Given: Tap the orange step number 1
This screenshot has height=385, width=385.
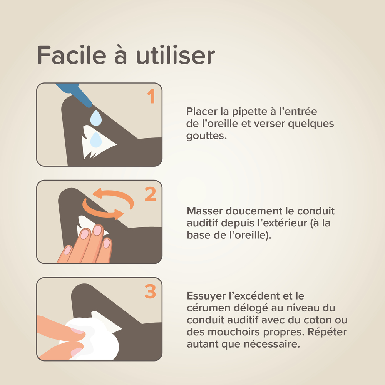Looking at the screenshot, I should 151,96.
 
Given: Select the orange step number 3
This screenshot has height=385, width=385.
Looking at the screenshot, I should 150,291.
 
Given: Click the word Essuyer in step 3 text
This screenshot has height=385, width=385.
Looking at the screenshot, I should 205,296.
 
